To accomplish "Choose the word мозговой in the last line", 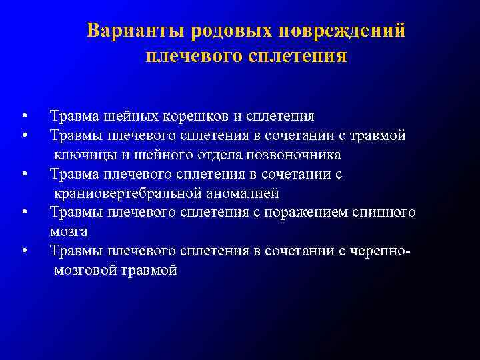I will point(88,271).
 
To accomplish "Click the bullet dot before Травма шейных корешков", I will point(24,117).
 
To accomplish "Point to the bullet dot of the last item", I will point(24,251).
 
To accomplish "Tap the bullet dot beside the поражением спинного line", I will point(24,213).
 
